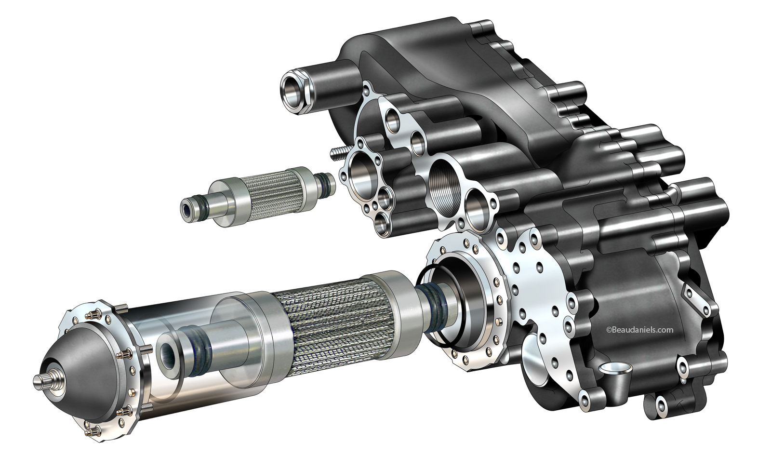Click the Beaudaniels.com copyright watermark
[639, 330]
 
